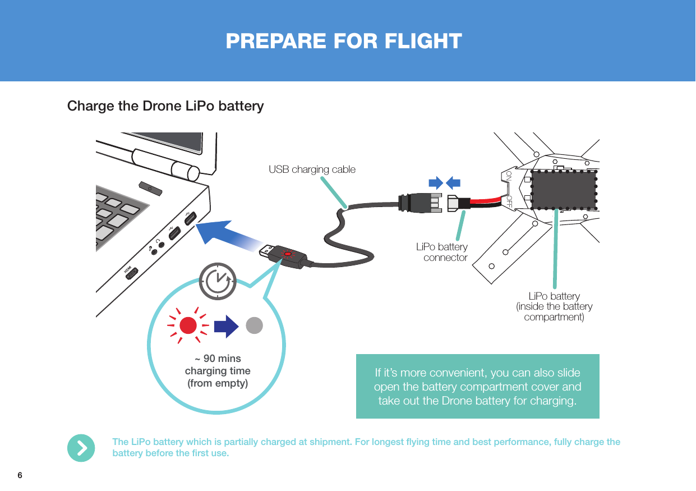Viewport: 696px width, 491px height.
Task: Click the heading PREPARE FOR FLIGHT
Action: click(344, 41)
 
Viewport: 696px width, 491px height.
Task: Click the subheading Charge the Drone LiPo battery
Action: click(165, 106)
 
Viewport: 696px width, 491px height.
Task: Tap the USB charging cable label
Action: click(312, 169)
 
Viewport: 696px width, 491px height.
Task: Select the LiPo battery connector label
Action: click(441, 253)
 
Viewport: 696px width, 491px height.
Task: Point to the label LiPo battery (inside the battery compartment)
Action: click(554, 306)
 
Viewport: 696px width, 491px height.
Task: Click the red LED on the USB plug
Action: click(288, 255)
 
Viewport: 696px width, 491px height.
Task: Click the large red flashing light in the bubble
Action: click(188, 325)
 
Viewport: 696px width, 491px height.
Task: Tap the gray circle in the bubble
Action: click(255, 325)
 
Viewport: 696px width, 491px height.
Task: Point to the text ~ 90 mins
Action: click(218, 359)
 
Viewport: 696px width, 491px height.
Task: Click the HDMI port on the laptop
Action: click(131, 271)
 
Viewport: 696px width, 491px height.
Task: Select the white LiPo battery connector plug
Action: click(453, 204)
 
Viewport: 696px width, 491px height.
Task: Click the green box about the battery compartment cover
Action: click(477, 387)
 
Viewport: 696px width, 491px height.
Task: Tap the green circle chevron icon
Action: click(81, 448)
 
